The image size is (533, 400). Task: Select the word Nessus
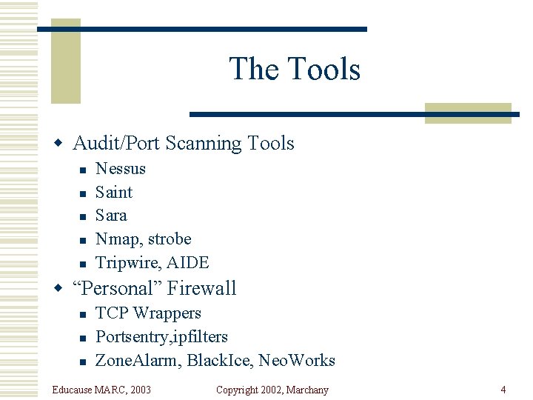click(121, 169)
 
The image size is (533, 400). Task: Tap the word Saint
click(114, 193)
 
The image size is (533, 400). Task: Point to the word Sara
click(111, 216)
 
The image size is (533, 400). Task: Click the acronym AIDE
click(188, 263)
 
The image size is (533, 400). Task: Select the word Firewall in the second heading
click(202, 288)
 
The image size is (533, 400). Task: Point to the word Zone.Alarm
click(137, 361)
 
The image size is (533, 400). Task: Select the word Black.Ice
click(221, 361)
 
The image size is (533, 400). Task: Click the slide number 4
click(503, 390)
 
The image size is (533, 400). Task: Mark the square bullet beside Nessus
click(83, 170)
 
